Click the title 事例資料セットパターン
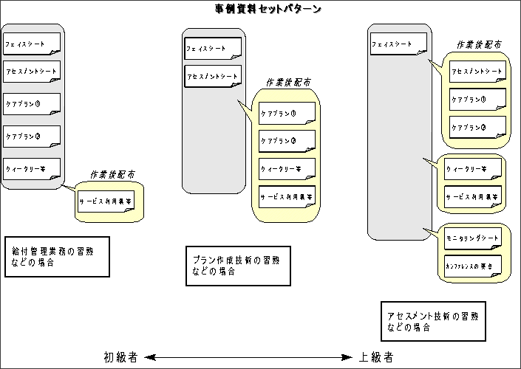[262, 9]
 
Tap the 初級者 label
[122, 357]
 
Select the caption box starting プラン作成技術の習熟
[236, 265]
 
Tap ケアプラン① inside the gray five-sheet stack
[31, 104]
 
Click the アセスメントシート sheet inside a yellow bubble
[477, 72]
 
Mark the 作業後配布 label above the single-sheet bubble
[112, 176]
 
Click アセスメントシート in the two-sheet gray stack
[213, 77]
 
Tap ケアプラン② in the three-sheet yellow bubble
[477, 128]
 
